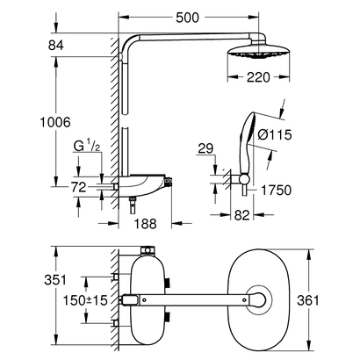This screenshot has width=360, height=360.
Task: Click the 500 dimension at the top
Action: (x=211, y=16)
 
